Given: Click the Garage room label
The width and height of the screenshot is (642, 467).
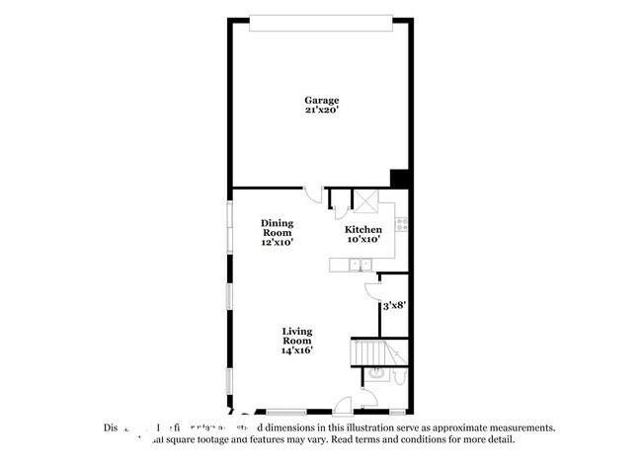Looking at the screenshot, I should pyautogui.click(x=321, y=100).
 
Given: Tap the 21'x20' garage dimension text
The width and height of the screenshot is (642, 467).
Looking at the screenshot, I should pyautogui.click(x=321, y=111).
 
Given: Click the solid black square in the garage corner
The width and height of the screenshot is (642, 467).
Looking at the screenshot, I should pyautogui.click(x=400, y=178).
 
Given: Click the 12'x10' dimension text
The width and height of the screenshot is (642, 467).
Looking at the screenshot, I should pyautogui.click(x=277, y=242).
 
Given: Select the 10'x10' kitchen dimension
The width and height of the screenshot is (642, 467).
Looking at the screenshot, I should pyautogui.click(x=362, y=239).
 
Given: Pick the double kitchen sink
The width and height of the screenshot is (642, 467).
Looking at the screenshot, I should pyautogui.click(x=359, y=263).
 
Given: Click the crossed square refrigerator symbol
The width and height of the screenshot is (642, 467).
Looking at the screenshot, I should pyautogui.click(x=365, y=201).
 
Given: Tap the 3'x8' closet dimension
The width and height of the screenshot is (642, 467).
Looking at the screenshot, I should pyautogui.click(x=395, y=306).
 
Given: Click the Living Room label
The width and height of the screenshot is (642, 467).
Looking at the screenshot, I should pyautogui.click(x=297, y=336).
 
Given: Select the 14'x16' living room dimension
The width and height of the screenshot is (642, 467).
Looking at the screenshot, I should pyautogui.click(x=297, y=350).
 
